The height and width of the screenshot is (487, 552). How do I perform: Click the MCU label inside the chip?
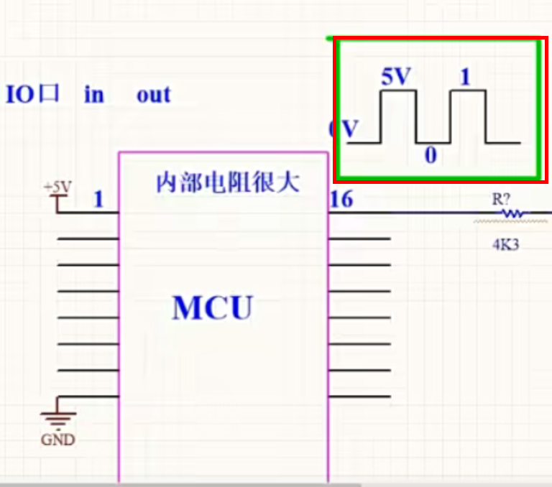(x=213, y=307)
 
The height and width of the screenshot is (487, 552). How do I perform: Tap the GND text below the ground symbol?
(x=57, y=440)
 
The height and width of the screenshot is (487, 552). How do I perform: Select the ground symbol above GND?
(x=57, y=417)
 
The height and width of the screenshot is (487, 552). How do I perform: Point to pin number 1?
(x=98, y=199)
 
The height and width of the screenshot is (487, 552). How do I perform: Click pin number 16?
(x=341, y=199)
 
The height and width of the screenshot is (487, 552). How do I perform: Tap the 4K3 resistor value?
(x=505, y=245)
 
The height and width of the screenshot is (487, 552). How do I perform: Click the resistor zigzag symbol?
(x=513, y=213)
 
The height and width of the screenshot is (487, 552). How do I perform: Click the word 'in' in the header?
(x=93, y=95)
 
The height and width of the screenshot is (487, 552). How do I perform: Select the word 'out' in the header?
(x=153, y=95)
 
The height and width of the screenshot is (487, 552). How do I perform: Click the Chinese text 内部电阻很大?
(x=228, y=182)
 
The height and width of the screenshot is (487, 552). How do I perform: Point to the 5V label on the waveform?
(x=397, y=78)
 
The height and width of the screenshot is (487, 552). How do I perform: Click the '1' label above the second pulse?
(x=464, y=78)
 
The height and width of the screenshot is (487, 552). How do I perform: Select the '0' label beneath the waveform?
(x=431, y=155)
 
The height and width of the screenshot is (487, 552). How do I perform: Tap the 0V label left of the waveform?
(x=343, y=130)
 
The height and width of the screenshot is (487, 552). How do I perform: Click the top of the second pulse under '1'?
(x=468, y=91)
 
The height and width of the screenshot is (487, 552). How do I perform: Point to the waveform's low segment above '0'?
(x=433, y=143)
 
